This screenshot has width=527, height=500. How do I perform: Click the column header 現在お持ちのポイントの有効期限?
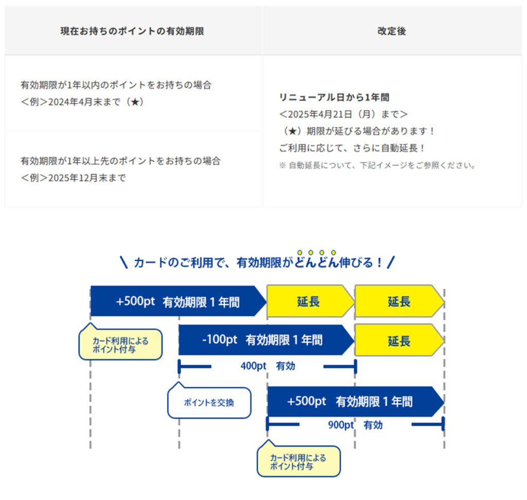132,31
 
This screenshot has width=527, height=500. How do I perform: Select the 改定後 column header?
392,31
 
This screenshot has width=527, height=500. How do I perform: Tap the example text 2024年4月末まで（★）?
96,102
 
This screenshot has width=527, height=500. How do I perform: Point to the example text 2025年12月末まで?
87,178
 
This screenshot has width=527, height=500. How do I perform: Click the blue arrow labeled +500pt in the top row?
175,301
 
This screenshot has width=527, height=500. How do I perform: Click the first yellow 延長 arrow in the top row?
309,301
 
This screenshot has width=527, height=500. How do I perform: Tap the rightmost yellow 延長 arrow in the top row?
399,301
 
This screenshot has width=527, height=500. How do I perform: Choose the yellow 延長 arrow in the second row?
399,340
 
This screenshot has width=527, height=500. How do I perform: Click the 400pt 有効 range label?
267,366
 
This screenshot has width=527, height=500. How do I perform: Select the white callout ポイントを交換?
209,403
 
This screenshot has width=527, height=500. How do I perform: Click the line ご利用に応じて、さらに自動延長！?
353,148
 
